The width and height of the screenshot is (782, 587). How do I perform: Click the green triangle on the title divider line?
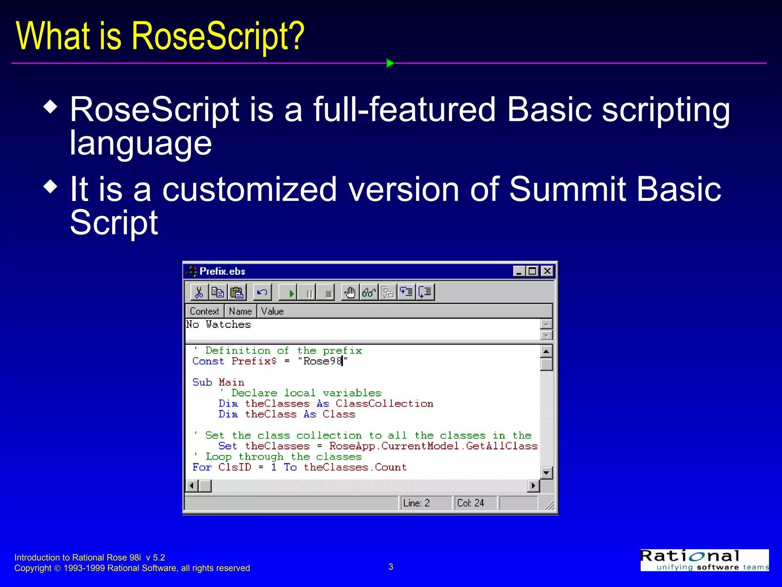tap(390, 63)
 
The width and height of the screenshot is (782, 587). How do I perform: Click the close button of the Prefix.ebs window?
tap(547, 271)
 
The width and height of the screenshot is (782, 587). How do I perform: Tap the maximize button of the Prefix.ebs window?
tap(532, 271)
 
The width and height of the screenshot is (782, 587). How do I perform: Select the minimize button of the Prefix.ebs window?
tap(519, 271)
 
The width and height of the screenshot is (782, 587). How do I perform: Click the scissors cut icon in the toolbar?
tap(199, 292)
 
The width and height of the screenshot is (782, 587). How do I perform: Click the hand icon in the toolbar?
tap(350, 292)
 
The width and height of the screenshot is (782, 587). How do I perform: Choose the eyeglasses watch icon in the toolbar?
tap(369, 292)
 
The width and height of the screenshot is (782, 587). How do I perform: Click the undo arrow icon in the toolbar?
tap(262, 292)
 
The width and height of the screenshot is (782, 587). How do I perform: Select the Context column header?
tap(205, 311)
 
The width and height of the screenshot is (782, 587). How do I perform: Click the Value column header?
tap(272, 311)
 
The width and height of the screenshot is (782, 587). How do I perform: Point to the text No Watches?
tap(218, 324)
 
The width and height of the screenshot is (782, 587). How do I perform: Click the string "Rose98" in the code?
tap(323, 361)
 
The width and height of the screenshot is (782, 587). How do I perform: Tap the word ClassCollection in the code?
tap(385, 404)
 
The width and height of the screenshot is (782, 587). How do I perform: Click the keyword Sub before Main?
tap(202, 383)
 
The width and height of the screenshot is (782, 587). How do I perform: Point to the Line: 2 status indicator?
tap(417, 503)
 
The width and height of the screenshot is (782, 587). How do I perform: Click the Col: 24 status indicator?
tap(470, 503)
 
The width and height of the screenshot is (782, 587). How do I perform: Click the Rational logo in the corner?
tap(704, 560)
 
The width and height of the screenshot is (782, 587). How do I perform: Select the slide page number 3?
tap(391, 567)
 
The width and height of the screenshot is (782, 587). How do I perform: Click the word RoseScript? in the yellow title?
tap(218, 36)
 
